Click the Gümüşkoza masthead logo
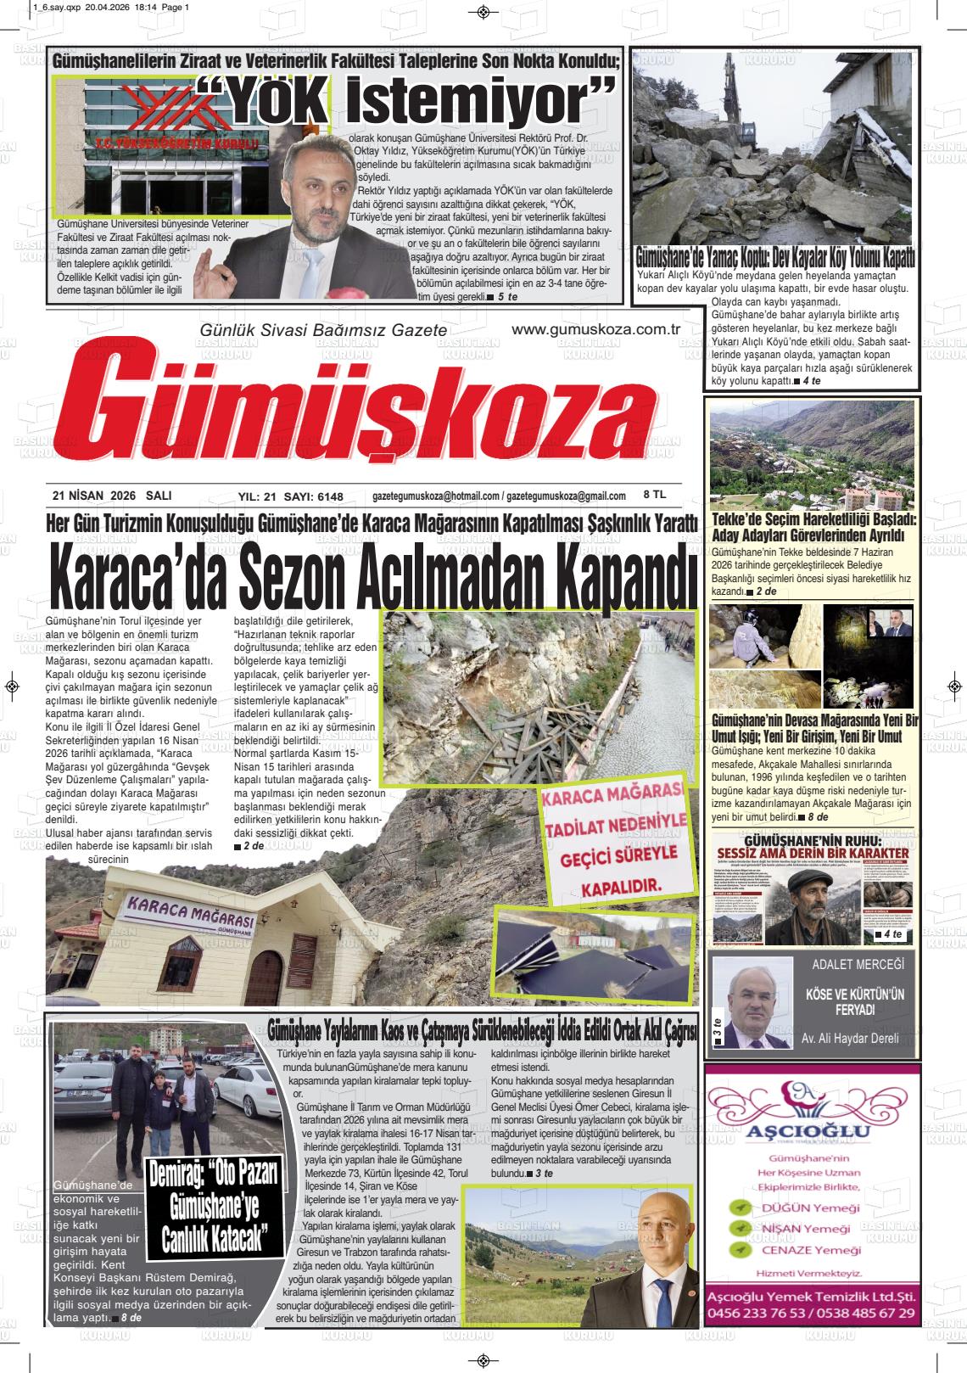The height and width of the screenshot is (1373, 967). (365, 411)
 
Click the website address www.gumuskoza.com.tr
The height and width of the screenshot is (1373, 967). (597, 330)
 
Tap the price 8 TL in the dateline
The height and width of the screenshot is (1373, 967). (655, 494)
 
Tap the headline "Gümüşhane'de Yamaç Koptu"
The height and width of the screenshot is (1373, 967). (775, 255)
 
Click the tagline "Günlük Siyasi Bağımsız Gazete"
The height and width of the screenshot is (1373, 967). (321, 330)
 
